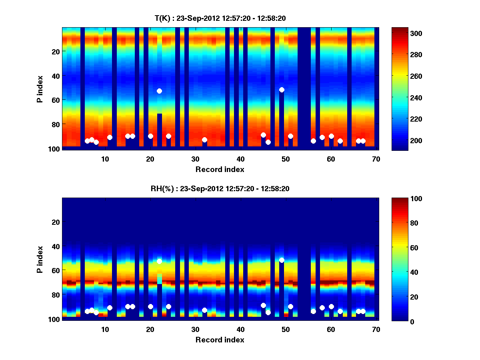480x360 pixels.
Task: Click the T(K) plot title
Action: tap(220, 18)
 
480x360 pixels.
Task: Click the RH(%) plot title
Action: tap(220, 188)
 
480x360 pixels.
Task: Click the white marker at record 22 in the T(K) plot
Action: tap(159, 91)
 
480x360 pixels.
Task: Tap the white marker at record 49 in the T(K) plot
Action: tap(282, 90)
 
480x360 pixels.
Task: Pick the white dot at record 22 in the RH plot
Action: tap(159, 261)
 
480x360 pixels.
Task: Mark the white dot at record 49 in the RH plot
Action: tap(282, 260)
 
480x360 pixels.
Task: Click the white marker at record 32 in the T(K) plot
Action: tap(204, 140)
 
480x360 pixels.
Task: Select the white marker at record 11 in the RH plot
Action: tap(110, 308)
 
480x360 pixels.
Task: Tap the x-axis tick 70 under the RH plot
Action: tap(376, 329)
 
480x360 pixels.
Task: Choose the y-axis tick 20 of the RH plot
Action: tap(56, 222)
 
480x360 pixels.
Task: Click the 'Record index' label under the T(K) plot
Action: tap(220, 169)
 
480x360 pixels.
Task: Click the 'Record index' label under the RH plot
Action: tap(220, 340)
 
